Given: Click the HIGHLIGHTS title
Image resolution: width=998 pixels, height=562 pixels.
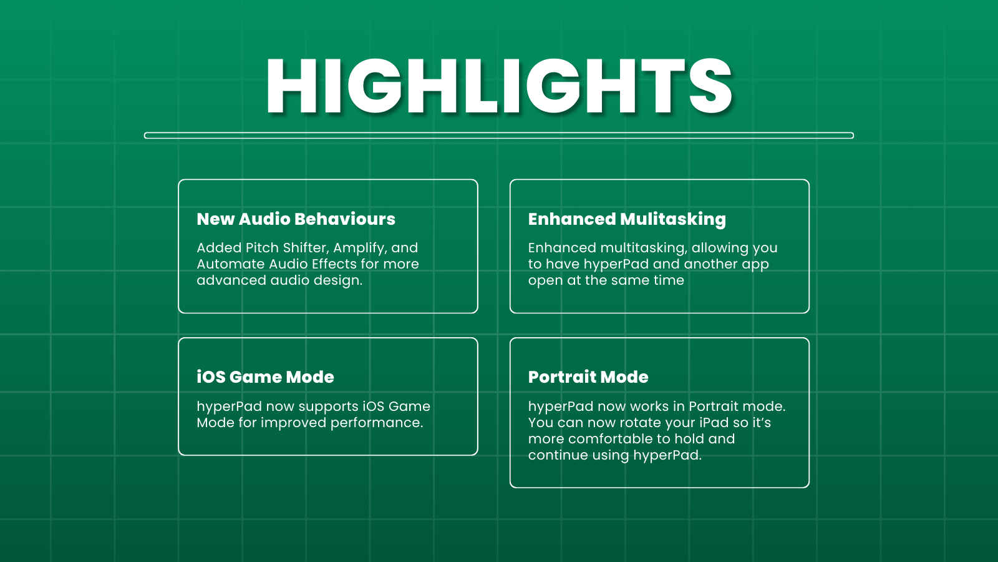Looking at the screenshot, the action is [x=499, y=86].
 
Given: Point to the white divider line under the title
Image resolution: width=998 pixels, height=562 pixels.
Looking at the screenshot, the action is [x=499, y=136].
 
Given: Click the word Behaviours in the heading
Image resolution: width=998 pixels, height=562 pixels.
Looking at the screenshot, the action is [x=345, y=219].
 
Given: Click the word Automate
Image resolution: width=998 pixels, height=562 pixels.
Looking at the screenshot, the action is [x=231, y=264].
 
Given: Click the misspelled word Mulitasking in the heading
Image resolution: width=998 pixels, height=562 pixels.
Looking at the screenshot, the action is [x=673, y=219].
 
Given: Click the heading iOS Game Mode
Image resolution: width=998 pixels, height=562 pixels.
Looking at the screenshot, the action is [x=266, y=377].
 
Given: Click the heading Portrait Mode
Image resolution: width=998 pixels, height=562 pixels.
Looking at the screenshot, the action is [x=588, y=377].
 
